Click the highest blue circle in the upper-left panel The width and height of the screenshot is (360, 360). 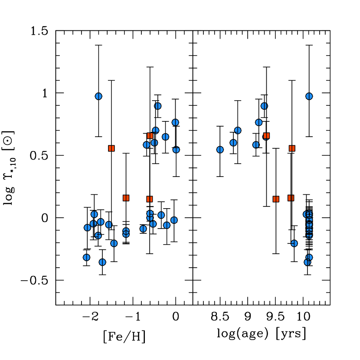pos(98,96)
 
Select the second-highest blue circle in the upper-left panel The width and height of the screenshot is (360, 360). pos(158,106)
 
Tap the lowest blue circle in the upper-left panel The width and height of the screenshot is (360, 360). pos(176,150)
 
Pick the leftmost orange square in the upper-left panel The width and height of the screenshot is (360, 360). pos(111,148)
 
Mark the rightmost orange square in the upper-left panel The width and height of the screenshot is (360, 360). pos(150,136)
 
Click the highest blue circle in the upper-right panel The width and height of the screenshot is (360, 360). pos(309,96)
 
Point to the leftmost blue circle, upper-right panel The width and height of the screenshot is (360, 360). pos(220,150)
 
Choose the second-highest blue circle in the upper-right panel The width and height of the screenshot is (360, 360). pos(264,106)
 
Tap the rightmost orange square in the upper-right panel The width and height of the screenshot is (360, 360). pos(292,148)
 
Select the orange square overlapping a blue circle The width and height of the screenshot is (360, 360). pos(266,136)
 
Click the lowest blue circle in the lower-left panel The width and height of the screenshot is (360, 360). pos(102,262)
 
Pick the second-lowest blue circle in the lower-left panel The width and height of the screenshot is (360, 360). pos(87,257)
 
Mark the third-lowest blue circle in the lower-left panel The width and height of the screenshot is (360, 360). pos(114,243)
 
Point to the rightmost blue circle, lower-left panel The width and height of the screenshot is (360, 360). pos(174,220)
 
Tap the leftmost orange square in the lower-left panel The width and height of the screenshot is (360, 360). pos(126,198)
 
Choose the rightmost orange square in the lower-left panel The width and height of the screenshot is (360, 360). pos(150,199)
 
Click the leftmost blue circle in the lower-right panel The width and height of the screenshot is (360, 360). pos(294,243)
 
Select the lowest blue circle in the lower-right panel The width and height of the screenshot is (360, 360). pos(307,262)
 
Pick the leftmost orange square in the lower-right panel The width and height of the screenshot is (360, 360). pos(276,199)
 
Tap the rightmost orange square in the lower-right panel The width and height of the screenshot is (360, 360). pos(291,198)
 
